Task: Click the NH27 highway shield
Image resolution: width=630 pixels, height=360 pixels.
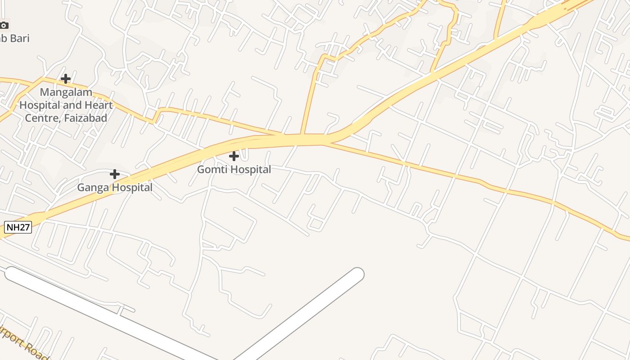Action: point(18,227)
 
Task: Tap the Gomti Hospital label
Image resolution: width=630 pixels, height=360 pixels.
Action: point(234,170)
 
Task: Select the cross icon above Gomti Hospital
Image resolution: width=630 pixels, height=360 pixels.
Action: point(234,156)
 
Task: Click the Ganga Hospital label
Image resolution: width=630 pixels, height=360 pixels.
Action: point(115,187)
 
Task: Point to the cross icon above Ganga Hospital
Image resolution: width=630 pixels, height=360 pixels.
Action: point(115,174)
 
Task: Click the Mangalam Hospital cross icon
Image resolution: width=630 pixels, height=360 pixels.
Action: point(66,79)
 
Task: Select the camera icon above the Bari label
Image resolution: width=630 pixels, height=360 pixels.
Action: point(4,25)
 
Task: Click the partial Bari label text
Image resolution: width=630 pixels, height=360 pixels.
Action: point(13,38)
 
